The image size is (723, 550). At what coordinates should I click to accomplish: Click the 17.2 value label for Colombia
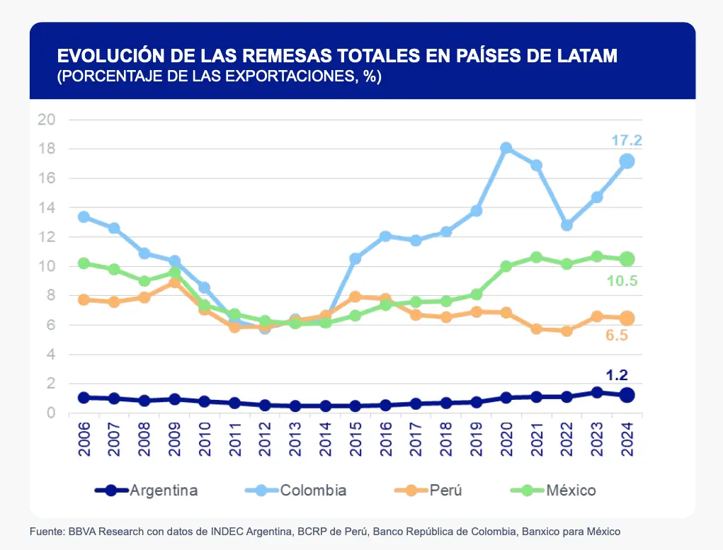coord(626,141)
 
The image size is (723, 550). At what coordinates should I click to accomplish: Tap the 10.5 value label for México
coord(622,281)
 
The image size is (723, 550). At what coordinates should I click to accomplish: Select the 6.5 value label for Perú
coord(616,336)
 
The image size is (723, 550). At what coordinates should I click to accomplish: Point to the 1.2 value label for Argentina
coord(616,375)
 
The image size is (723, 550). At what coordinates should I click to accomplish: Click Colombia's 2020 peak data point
coord(506,148)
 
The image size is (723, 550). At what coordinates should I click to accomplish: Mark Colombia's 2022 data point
coord(567,224)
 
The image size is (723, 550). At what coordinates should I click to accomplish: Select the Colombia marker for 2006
coord(84,217)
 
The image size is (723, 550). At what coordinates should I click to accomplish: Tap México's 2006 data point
coord(84,263)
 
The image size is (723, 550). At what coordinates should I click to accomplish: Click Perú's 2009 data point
coord(174,282)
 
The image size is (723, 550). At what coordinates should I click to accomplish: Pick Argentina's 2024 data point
coord(627,395)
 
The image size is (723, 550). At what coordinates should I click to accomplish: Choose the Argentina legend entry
coord(147,490)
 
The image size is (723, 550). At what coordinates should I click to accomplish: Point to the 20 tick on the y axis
coord(47,119)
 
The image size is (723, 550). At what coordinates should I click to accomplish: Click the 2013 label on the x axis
coord(295,439)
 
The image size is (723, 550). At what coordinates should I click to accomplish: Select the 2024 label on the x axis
coord(627,439)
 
